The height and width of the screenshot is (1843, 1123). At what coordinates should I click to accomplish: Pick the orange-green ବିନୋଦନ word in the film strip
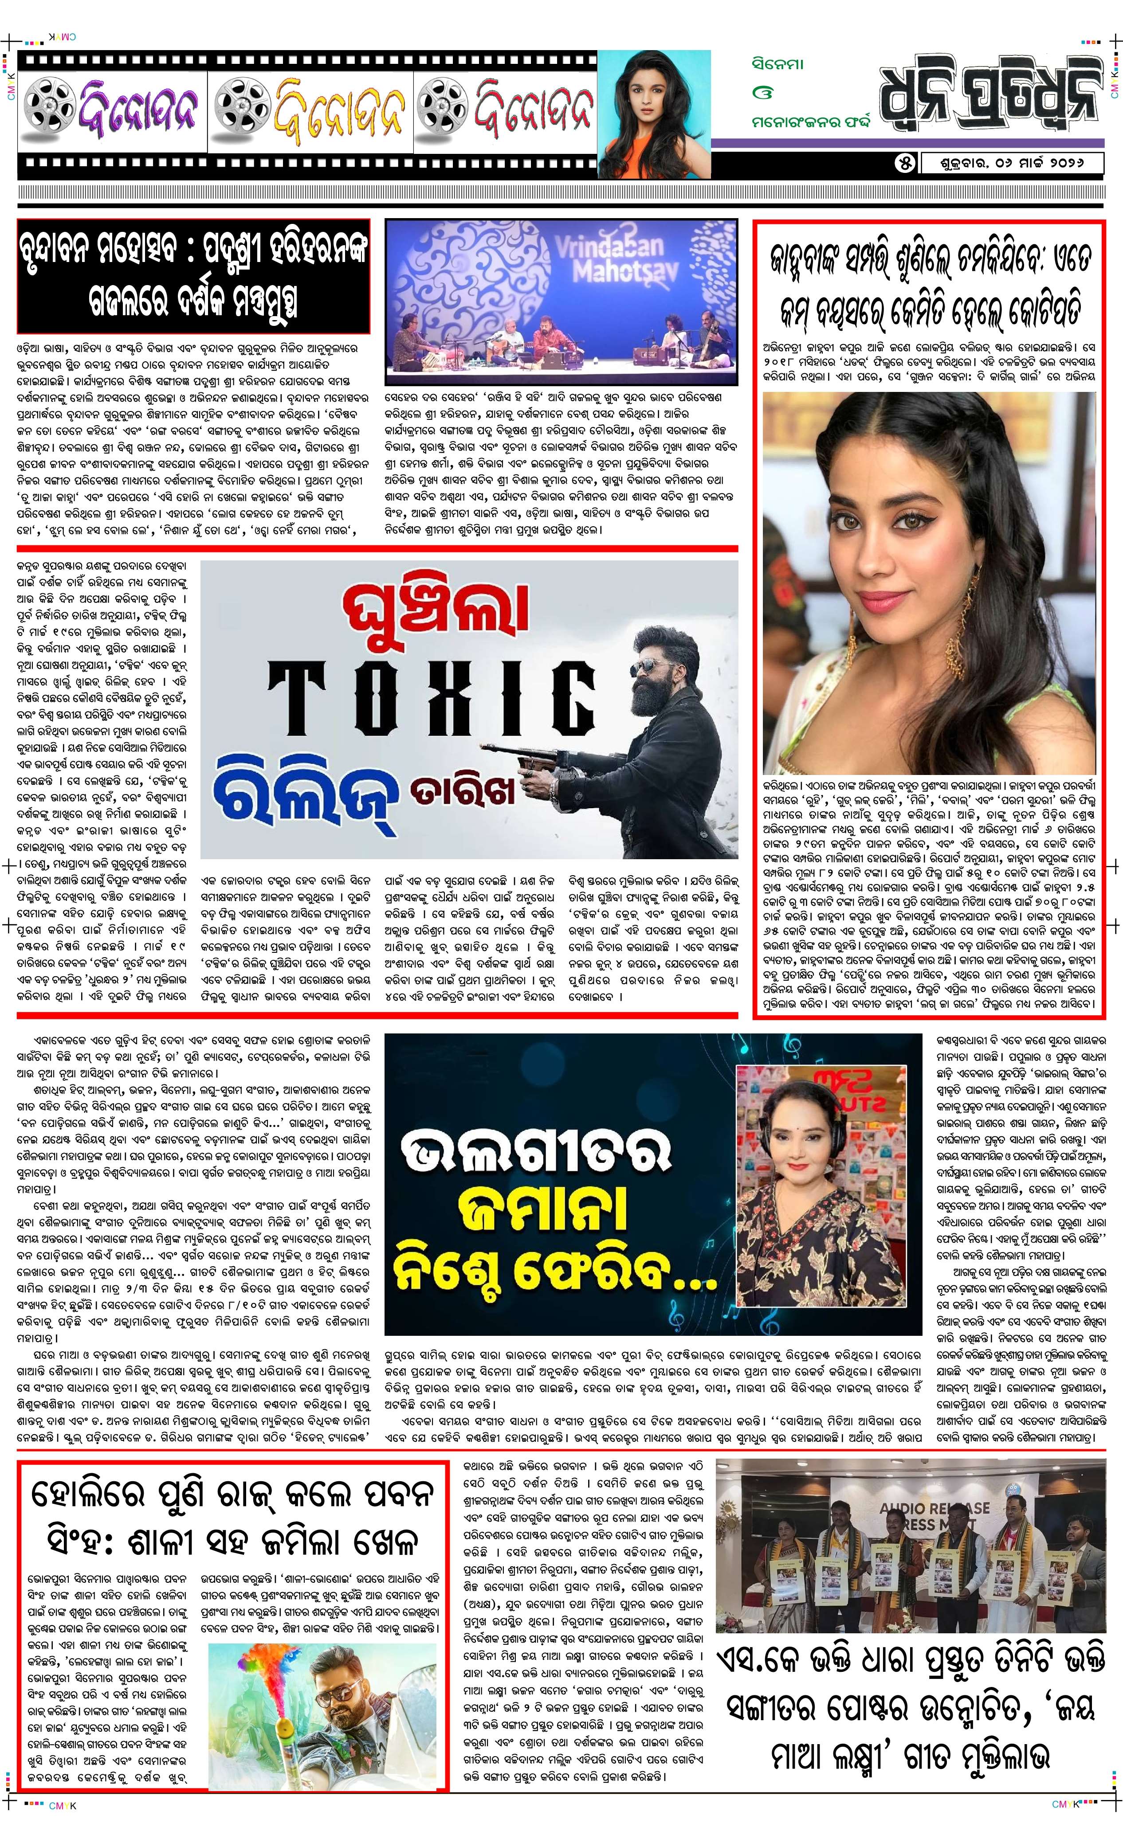[310, 111]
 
